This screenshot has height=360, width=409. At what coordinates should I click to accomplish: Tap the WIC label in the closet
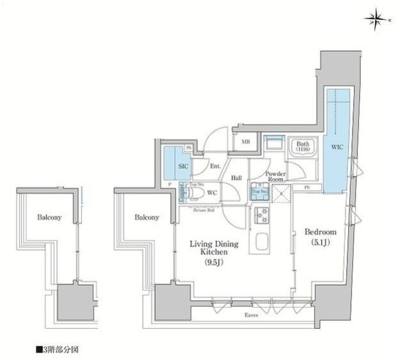pos(337,147)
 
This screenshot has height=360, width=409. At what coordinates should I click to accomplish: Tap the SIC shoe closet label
pos(181,166)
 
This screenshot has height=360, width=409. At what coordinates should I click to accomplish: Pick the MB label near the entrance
pos(245,143)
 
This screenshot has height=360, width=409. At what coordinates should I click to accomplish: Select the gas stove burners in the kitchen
pos(261,217)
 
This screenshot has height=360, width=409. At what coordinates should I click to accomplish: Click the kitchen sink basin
pos(262,243)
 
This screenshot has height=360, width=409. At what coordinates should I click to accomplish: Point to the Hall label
pos(236,178)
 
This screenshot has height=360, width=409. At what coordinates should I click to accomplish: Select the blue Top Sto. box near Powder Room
pos(259,192)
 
